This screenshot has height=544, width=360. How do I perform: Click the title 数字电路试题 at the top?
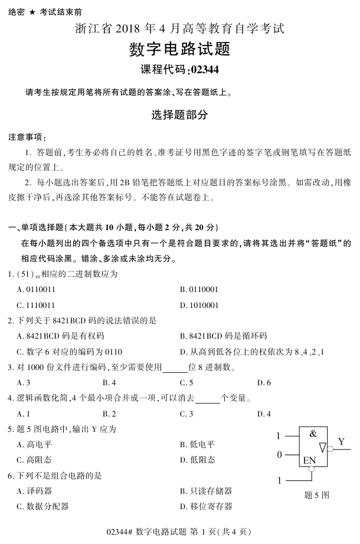click(179, 49)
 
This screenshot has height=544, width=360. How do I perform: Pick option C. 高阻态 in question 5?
click(36, 460)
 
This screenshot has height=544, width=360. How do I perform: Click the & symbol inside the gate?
click(313, 434)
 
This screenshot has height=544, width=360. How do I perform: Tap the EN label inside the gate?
click(309, 461)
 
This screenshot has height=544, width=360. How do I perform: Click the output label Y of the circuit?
click(342, 441)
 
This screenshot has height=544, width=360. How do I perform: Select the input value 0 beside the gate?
click(280, 454)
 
